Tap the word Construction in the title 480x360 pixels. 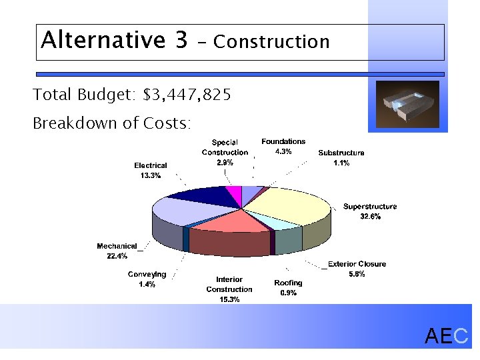pos(271,42)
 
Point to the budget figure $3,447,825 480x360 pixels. pos(187,95)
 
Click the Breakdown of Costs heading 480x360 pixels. pos(112,124)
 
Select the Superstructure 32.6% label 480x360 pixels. pos(370,211)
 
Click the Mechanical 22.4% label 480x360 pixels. pos(117,251)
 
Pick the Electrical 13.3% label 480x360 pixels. pos(151,170)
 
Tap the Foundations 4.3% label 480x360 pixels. pos(283,146)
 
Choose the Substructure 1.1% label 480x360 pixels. pos(341,157)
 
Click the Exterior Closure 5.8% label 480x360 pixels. pos(357,269)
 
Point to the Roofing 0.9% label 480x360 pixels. pos(288,287)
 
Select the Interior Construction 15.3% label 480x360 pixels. pos(229,289)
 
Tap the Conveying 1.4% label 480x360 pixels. pos(147,279)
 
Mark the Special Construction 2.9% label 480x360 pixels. pos(225,152)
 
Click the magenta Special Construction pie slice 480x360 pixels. pos(233,195)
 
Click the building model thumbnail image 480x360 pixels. pos(407,105)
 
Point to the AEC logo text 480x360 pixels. pos(447,337)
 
